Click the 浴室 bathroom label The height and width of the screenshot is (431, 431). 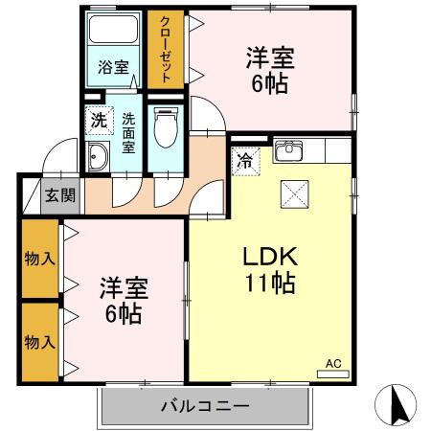click(x=113, y=67)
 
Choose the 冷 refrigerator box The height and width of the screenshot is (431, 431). click(x=246, y=160)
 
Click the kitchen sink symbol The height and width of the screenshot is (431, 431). click(x=288, y=151)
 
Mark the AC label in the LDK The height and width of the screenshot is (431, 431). click(x=333, y=363)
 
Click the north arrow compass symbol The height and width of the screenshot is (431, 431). click(x=402, y=407)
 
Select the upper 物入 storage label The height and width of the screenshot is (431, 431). click(x=38, y=259)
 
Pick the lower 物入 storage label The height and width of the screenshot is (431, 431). click(x=38, y=342)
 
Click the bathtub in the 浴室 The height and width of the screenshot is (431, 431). click(x=113, y=33)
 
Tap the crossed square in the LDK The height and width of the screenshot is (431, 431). click(x=293, y=195)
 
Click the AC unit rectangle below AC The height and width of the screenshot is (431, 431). click(x=333, y=374)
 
